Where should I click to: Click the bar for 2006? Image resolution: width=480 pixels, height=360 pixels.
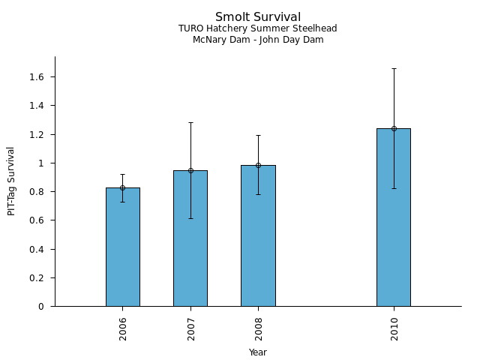tap(123, 247)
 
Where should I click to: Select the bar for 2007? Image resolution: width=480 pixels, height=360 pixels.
tap(190, 238)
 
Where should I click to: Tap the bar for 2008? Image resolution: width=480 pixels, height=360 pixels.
tap(258, 235)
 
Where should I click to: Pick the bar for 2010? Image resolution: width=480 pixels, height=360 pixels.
tap(394, 217)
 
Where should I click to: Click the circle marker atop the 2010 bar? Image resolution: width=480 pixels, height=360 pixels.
tap(394, 128)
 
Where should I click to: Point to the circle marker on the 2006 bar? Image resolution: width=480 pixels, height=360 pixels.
tap(123, 187)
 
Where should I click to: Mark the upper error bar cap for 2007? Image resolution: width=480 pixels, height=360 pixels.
tap(190, 122)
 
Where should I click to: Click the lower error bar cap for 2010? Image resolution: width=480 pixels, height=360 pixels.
tap(394, 188)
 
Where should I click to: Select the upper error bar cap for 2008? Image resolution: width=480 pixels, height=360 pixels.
tap(258, 135)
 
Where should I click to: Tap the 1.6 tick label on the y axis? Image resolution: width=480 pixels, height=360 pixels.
tap(37, 76)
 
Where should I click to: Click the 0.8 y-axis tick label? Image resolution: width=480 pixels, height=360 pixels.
tap(37, 192)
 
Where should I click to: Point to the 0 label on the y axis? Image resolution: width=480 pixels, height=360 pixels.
tap(41, 307)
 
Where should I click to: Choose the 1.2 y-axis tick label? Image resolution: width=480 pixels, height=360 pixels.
tap(37, 134)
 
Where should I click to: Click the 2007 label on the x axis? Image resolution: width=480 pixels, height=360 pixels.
tap(191, 329)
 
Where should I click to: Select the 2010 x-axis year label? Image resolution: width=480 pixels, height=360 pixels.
tap(394, 329)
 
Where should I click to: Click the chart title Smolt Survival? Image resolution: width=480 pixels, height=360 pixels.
tap(258, 16)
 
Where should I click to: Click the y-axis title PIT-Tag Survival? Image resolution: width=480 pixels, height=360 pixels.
tap(10, 181)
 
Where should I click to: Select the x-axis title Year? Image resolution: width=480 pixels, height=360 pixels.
tap(258, 352)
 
